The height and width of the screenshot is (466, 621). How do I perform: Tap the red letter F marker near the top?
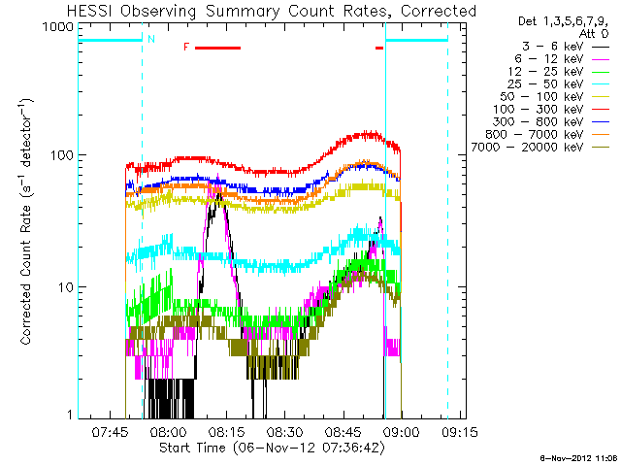tap(186, 47)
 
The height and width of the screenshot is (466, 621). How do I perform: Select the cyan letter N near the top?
tap(150, 39)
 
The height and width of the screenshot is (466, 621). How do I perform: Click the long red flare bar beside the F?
tap(216, 47)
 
